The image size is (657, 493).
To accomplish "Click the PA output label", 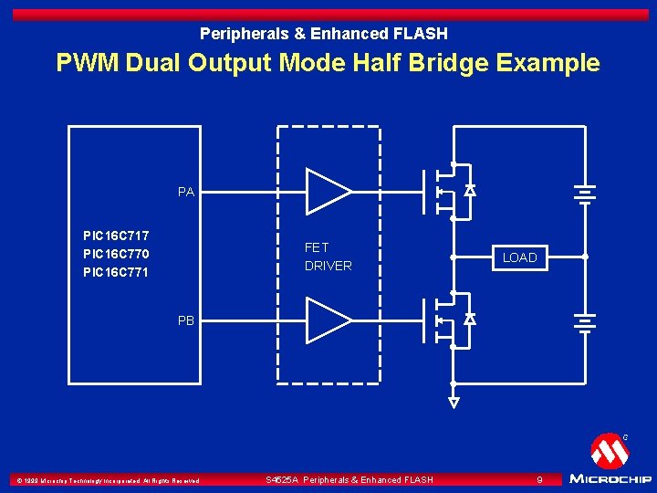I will (x=186, y=192).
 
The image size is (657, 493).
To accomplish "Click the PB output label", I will (x=186, y=320).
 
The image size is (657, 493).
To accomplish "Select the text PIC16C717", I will (x=116, y=235).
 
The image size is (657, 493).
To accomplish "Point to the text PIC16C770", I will (x=116, y=254).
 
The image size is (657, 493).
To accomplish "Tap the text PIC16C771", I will (x=116, y=272).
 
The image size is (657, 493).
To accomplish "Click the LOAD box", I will (x=519, y=257).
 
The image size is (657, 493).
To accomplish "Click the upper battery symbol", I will (x=584, y=193).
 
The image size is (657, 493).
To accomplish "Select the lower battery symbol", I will (x=584, y=320).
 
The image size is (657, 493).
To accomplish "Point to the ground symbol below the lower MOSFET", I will (x=454, y=402).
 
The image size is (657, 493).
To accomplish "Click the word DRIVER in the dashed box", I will (x=328, y=266).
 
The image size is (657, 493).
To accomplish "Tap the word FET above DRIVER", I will (x=317, y=247).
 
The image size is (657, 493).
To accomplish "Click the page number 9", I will (x=539, y=479).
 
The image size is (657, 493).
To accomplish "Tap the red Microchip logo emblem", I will (x=609, y=451).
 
